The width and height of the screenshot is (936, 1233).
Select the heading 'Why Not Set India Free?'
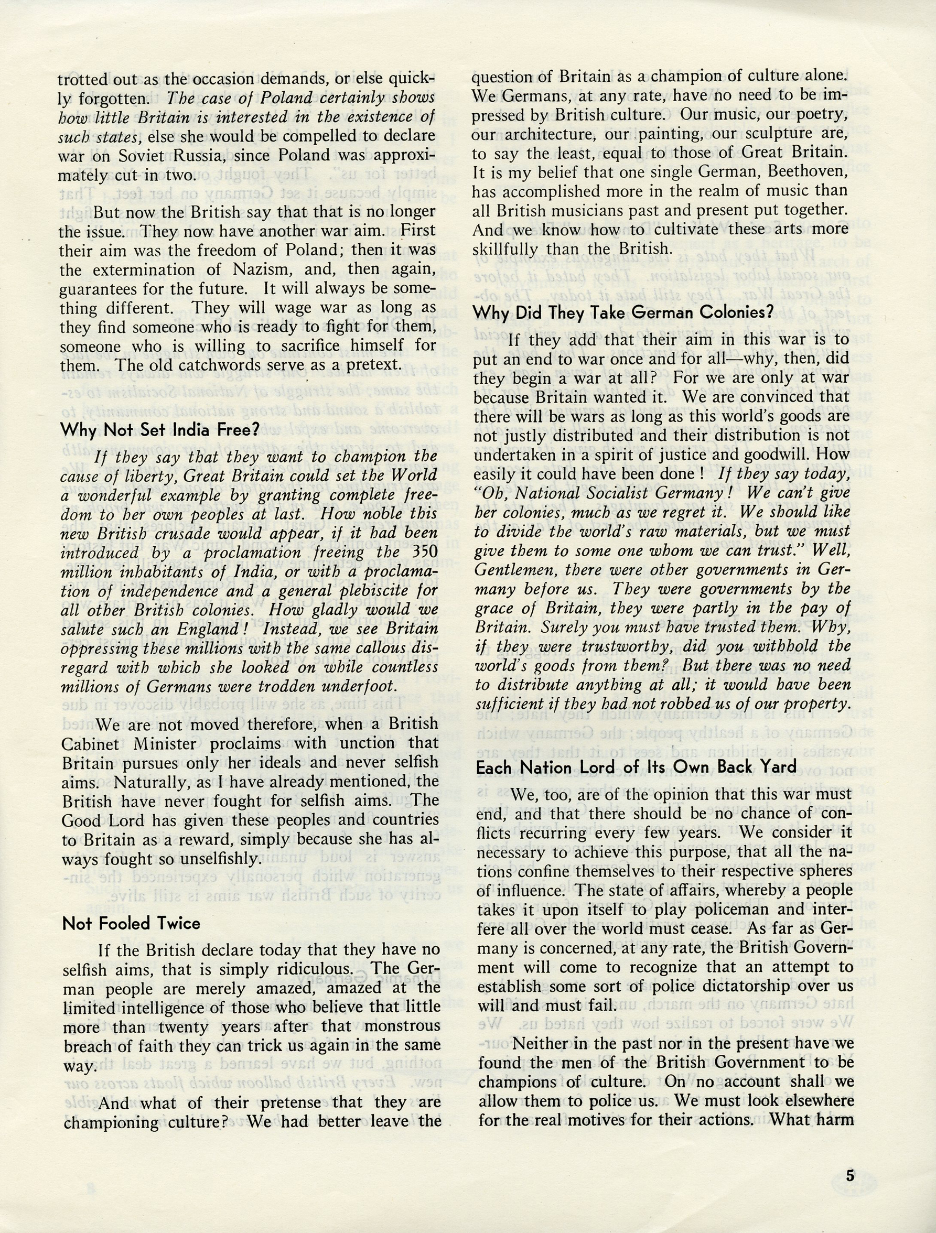[160, 430]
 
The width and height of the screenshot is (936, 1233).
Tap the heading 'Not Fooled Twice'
[131, 924]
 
